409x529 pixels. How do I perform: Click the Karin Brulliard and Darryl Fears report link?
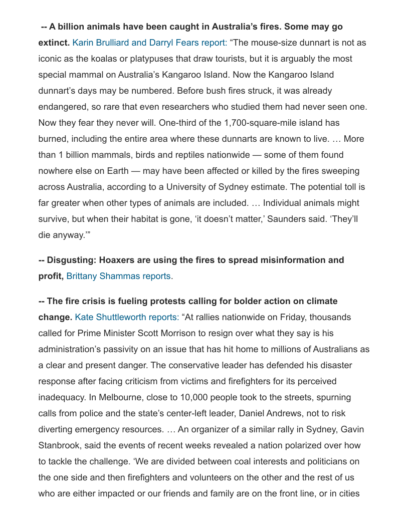tap(150, 43)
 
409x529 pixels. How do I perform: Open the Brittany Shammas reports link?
tap(118, 276)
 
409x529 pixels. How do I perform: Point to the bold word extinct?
tap(54, 43)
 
